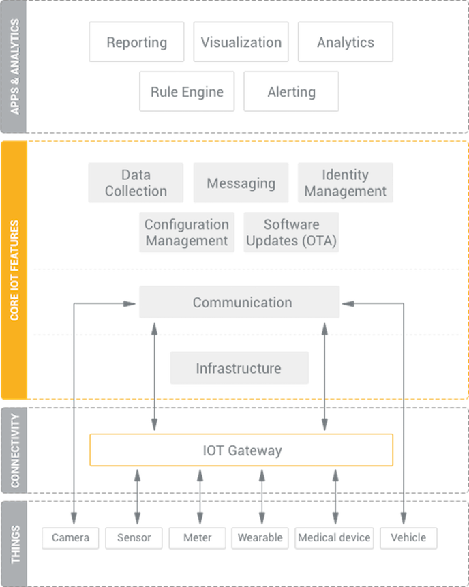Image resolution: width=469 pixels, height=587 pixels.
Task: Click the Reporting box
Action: (136, 42)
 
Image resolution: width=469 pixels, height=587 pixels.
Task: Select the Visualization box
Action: (241, 42)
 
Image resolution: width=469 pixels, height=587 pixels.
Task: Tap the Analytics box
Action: (346, 42)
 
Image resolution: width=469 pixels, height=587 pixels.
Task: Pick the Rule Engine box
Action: (187, 92)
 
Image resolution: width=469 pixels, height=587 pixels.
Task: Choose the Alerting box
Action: (291, 92)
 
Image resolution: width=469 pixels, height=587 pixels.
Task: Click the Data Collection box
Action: (136, 183)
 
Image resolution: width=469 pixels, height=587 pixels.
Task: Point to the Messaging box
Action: (241, 183)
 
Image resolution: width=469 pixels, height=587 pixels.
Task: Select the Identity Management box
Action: (346, 183)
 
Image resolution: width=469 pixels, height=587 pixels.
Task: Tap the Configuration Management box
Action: (187, 232)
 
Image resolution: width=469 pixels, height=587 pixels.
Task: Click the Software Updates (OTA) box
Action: (291, 232)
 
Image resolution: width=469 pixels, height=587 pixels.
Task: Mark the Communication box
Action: (239, 302)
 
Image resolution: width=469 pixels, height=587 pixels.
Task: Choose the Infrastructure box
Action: (239, 368)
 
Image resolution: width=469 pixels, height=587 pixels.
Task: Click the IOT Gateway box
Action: (241, 450)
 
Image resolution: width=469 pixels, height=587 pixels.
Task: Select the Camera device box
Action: (70, 538)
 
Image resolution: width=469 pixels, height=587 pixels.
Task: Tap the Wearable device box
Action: (260, 538)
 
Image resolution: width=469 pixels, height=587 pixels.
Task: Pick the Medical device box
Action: (334, 538)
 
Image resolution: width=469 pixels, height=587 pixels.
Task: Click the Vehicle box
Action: (408, 538)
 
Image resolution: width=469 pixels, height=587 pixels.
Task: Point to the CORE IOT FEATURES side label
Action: (14, 270)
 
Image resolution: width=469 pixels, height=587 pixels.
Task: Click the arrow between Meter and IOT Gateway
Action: (200, 497)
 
